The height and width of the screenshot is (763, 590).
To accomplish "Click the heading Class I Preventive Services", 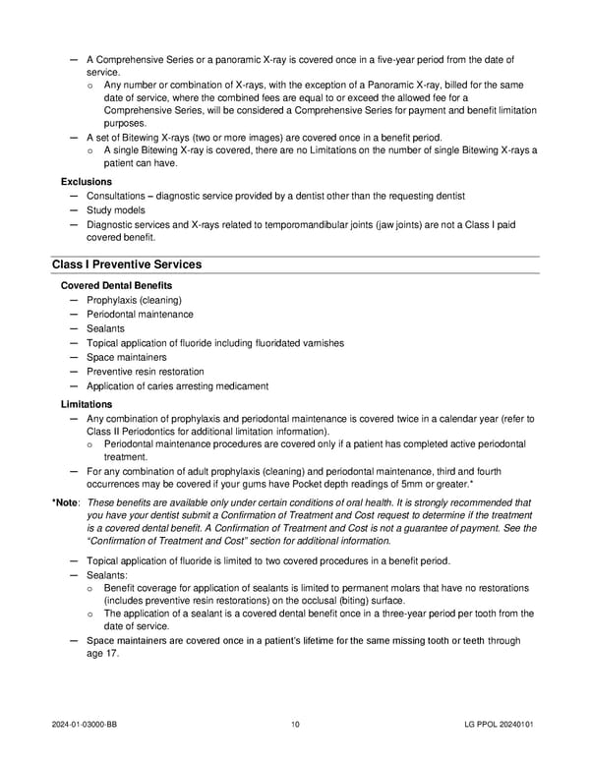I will pos(127,264).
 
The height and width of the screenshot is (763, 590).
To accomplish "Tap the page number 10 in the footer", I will pos(295,726).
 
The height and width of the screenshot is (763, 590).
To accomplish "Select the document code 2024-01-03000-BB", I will pos(88,726).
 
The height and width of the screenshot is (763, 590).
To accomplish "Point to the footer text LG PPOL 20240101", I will pos(500,726).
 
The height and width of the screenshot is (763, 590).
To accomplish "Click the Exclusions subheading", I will pos(87,182).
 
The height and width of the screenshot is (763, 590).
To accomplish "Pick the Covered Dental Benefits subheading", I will pos(116,285).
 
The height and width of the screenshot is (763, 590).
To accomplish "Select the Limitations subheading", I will pos(87,404).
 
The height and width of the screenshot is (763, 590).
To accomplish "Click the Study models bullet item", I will pos(116,210).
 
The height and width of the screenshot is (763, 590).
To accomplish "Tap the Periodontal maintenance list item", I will pos(140,315).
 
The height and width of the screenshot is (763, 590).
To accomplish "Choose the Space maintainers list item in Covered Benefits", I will pos(127,357).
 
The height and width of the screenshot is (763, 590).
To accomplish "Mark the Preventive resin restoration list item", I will pos(146,372).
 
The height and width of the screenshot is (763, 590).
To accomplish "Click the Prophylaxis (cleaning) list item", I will pos(134,300).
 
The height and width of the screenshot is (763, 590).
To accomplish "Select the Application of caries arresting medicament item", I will pos(177,386).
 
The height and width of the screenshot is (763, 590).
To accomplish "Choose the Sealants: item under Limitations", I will pos(107,574).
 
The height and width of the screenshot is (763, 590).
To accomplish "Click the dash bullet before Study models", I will pos(75,210).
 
